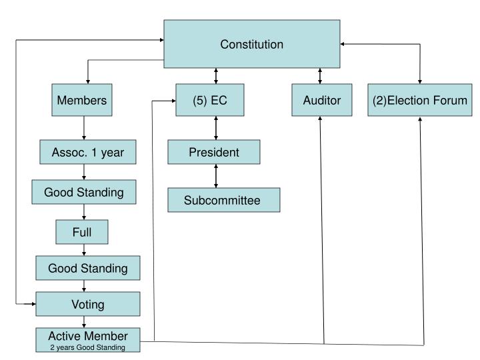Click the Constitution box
pyautogui.click(x=251, y=45)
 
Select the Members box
pyautogui.click(x=83, y=101)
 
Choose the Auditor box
pyautogui.click(x=321, y=101)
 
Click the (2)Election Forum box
pyautogui.click(x=420, y=101)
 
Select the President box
pyautogui.click(x=213, y=153)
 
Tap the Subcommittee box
pyautogui.click(x=223, y=200)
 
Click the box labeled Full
pyautogui.click(x=82, y=233)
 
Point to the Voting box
pyautogui.click(x=87, y=304)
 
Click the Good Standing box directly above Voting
pyautogui.click(x=87, y=269)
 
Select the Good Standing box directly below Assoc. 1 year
pyautogui.click(x=84, y=193)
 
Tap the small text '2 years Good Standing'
pyautogui.click(x=87, y=347)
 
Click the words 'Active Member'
pyautogui.click(x=87, y=335)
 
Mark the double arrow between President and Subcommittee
pyautogui.click(x=215, y=176)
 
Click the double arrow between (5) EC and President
pyautogui.click(x=215, y=128)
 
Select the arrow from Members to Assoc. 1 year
pyautogui.click(x=83, y=128)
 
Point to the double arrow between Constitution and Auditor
pyautogui.click(x=321, y=77)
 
